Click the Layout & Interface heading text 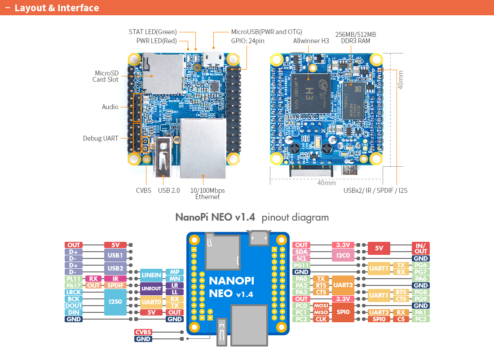(57, 8)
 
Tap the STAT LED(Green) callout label (153, 32)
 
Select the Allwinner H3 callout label (311, 40)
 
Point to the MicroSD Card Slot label (106, 76)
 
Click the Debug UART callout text (101, 138)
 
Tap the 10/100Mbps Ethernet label (207, 193)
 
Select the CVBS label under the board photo (144, 190)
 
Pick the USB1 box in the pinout (115, 255)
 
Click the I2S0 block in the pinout (115, 302)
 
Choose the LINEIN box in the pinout (151, 275)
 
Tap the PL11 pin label (74, 279)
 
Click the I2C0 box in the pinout (343, 255)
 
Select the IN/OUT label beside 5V (421, 248)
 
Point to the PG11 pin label (301, 265)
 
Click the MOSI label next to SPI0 (322, 306)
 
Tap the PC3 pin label (421, 319)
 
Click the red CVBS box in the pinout (144, 332)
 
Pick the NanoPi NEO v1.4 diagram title (215, 218)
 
